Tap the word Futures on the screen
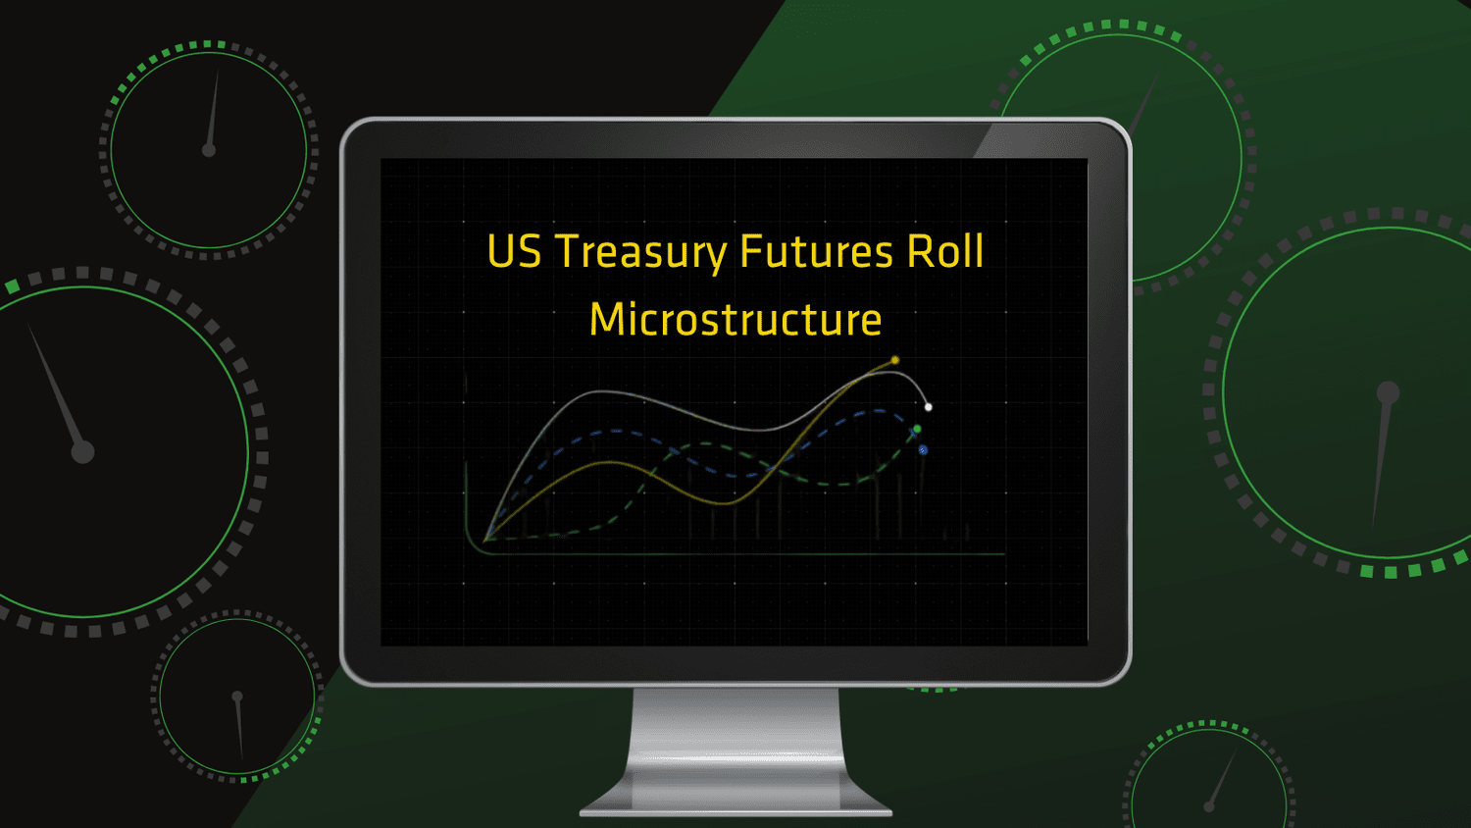(816, 251)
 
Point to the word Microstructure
(735, 320)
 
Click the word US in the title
(514, 251)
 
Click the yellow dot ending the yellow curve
(895, 360)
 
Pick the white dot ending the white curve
(929, 407)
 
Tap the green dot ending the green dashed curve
(917, 429)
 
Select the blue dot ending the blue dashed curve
(924, 450)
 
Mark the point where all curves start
(486, 541)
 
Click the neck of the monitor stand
(735, 730)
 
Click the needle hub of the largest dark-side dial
(82, 452)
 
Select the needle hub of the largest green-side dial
(1388, 393)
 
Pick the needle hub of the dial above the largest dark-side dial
(209, 150)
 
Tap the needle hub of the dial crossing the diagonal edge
(237, 697)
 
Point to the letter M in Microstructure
(608, 319)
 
